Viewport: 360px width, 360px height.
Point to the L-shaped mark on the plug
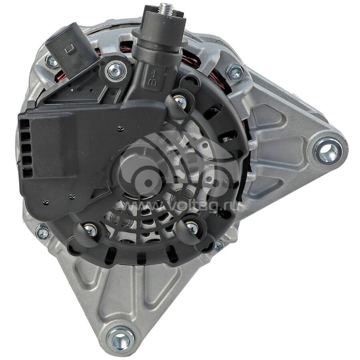[69, 45]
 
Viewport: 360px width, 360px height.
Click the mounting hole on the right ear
[329, 151]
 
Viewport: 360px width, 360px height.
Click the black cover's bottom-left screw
[90, 230]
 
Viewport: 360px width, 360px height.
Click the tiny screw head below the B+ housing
[121, 128]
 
